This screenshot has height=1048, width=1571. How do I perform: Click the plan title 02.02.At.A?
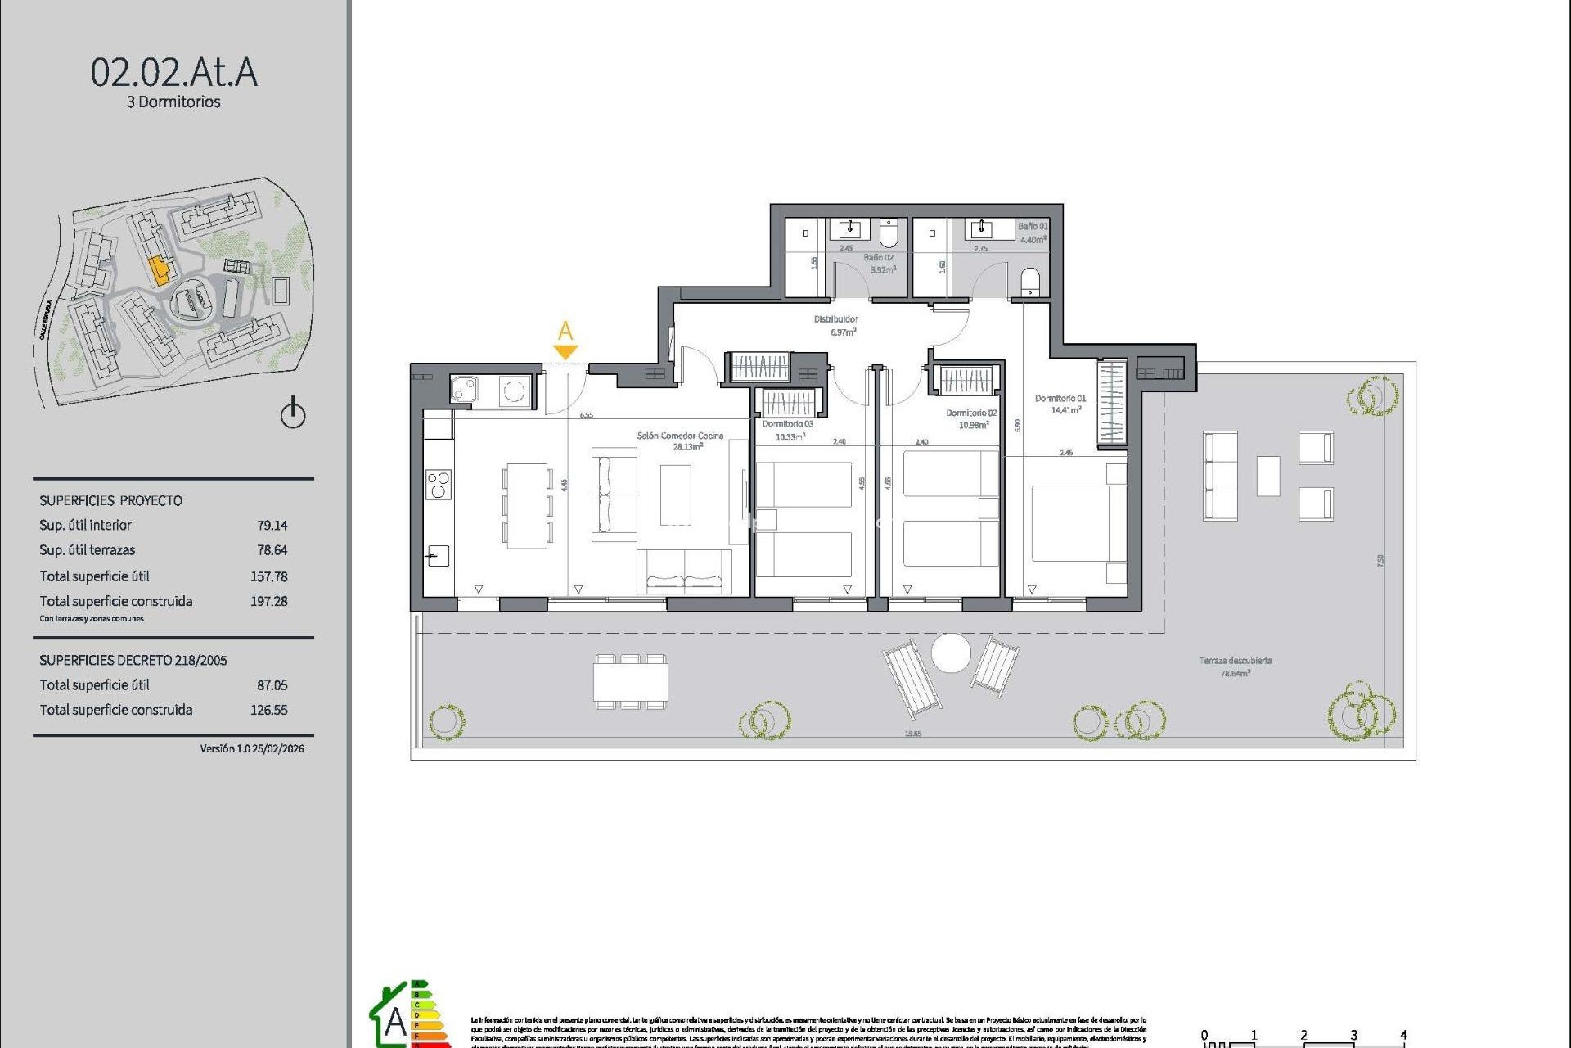click(173, 72)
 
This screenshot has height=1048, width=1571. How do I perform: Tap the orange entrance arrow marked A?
click(565, 351)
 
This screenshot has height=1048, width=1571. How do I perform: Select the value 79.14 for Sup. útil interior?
click(272, 526)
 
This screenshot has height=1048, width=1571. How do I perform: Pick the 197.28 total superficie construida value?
click(269, 601)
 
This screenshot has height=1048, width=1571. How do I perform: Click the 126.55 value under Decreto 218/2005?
click(269, 710)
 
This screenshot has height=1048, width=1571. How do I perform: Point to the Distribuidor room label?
click(836, 319)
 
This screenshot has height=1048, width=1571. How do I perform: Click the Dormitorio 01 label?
click(1060, 399)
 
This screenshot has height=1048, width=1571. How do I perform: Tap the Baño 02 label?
click(878, 258)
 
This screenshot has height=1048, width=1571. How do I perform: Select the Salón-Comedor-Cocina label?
click(680, 436)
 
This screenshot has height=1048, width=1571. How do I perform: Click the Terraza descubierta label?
click(1236, 661)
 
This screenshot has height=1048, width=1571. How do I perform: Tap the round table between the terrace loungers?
click(951, 653)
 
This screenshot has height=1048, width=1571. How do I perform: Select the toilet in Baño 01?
click(1031, 282)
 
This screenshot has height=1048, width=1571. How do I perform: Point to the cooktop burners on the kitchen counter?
click(439, 484)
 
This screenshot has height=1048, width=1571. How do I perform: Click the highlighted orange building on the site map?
click(160, 269)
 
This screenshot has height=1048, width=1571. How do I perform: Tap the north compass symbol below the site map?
click(293, 413)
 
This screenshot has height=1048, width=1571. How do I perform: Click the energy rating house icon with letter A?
click(390, 1018)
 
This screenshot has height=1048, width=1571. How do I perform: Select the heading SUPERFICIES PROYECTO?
click(111, 501)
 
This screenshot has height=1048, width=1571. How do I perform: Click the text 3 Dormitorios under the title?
click(173, 102)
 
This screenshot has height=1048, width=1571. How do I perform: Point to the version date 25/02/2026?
click(277, 749)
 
